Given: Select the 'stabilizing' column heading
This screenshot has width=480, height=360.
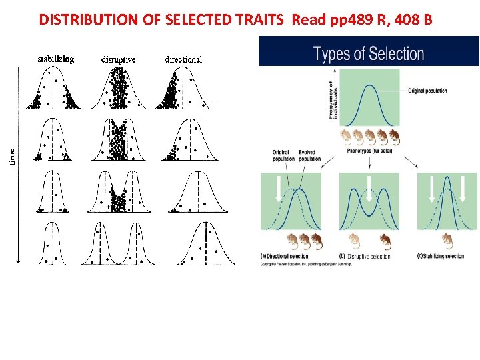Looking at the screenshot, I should pos(55,59).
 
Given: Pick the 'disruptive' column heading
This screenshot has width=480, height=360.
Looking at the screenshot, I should pos(119,59).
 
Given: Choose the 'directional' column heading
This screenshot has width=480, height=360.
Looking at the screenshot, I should pos(184,59).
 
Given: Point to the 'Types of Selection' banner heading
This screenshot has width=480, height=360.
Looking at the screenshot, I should pos(369,54).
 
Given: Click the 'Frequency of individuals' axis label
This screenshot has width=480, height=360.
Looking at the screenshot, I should pos(333,100).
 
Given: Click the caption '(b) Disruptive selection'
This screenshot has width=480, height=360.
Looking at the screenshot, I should pos(365,257).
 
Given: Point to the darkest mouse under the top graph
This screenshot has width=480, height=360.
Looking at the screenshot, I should pos(394,138).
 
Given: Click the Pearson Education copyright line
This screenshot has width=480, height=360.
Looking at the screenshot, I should pos(307,264).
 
